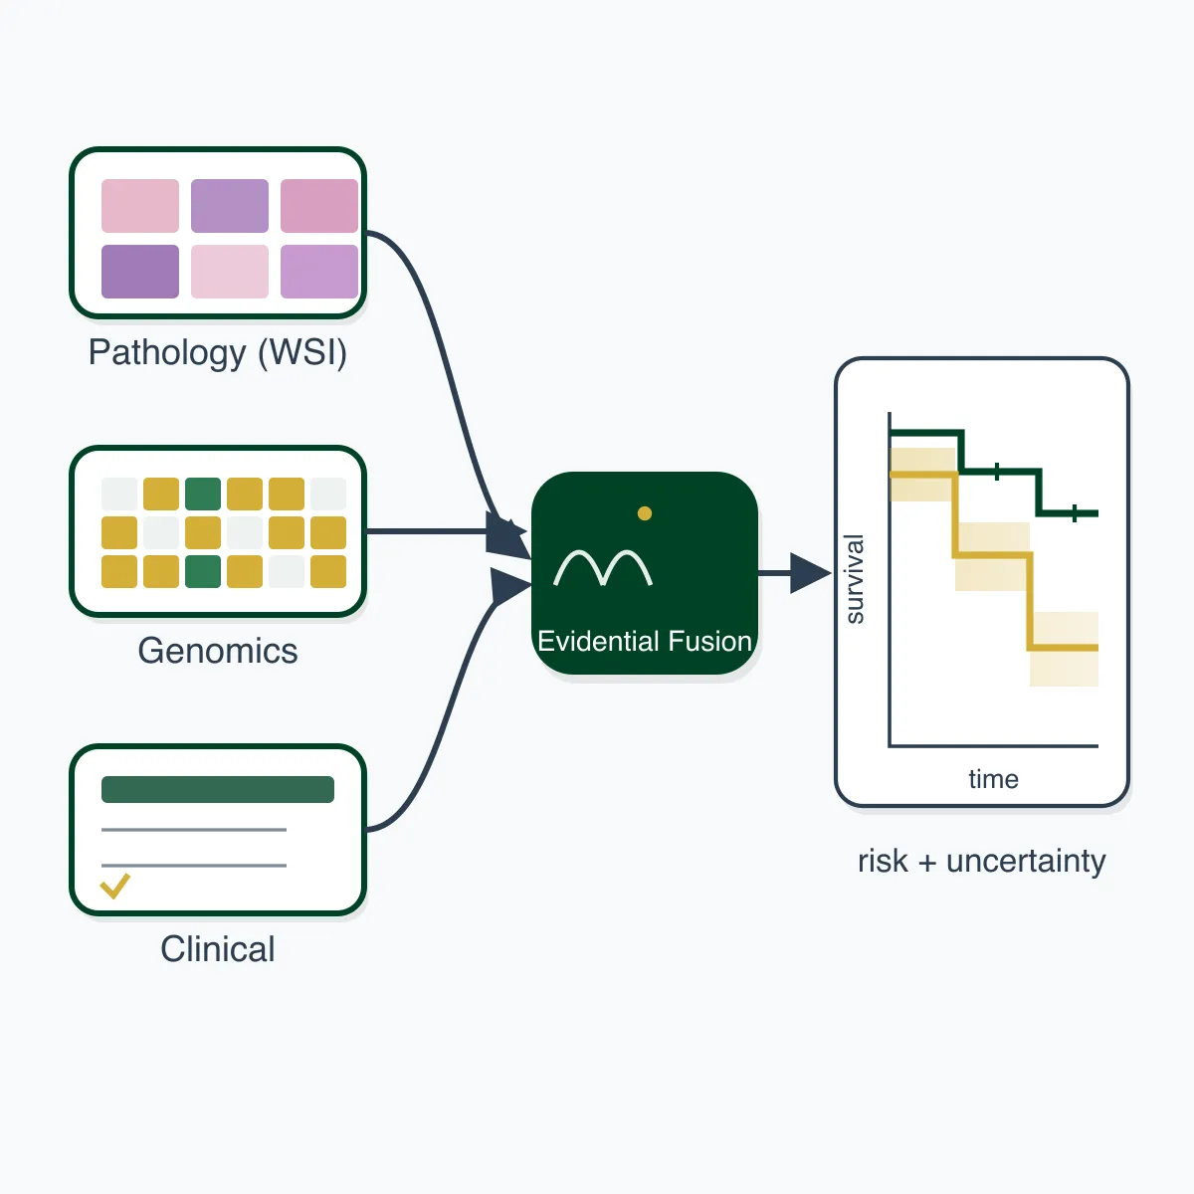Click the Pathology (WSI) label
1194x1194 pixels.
click(x=218, y=353)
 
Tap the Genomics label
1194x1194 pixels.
click(x=218, y=651)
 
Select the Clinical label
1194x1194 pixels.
click(x=218, y=948)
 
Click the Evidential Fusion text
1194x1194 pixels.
click(x=645, y=641)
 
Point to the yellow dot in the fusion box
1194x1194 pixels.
click(x=645, y=513)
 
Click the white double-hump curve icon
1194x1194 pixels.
click(x=602, y=567)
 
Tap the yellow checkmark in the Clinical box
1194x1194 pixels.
click(x=115, y=886)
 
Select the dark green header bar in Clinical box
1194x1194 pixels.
click(x=218, y=789)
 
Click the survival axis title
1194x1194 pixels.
click(x=855, y=579)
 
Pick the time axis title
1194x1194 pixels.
click(x=993, y=779)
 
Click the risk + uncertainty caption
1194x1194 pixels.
click(x=981, y=861)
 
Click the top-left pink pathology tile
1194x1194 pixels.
click(x=140, y=206)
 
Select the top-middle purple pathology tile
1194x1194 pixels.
click(x=229, y=206)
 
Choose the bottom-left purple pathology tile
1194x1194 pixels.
click(x=140, y=272)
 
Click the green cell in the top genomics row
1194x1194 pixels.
click(x=203, y=494)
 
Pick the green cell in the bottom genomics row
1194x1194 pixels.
click(x=203, y=571)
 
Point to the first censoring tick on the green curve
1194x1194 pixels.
click(x=996, y=472)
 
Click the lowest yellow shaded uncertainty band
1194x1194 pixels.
click(x=1064, y=649)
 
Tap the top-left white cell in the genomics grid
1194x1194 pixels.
click(x=119, y=494)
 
